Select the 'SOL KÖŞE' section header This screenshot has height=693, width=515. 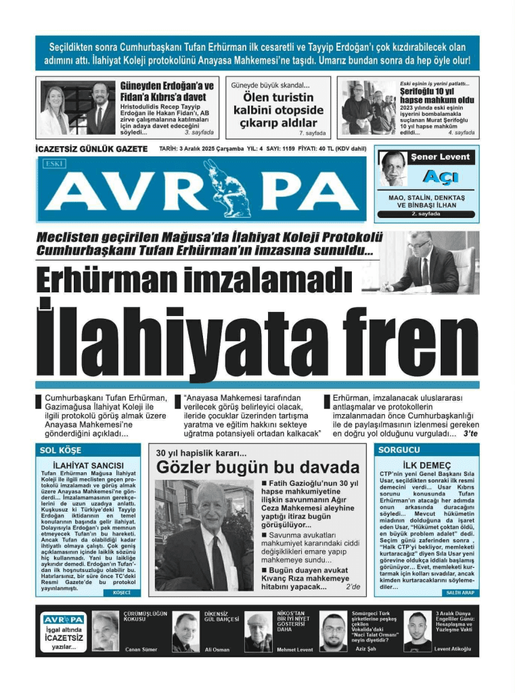click(60, 450)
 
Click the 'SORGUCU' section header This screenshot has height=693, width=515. click(399, 450)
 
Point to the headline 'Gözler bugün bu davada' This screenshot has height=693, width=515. click(257, 468)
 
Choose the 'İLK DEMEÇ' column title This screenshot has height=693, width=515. click(426, 465)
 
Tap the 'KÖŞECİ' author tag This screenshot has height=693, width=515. click(122, 592)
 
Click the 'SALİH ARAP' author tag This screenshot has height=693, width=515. click(458, 592)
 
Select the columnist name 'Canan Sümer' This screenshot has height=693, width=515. click(141, 649)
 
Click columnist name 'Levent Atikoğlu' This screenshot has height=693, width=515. click(453, 649)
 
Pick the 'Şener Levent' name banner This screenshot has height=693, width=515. click(439, 157)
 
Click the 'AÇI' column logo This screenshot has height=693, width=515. click(439, 177)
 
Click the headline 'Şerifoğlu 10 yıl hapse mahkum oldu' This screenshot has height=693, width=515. click(436, 95)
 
